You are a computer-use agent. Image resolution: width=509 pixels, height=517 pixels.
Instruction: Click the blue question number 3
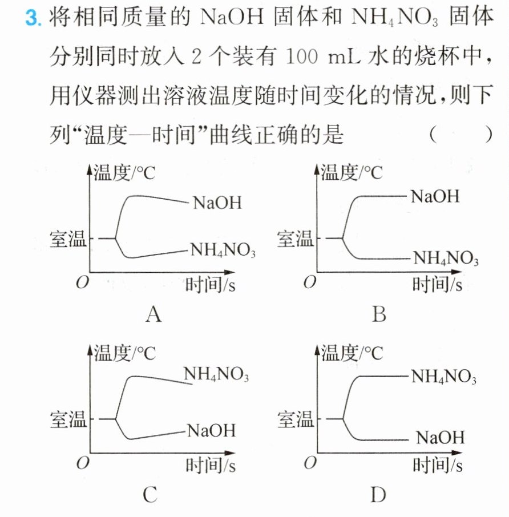coord(33,17)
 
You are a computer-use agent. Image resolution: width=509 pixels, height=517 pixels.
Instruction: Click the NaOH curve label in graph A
coord(217,203)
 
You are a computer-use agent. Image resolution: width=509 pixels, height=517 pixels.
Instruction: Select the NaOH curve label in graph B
coord(435,196)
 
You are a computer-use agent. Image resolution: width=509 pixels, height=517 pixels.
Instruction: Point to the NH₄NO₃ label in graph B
coord(446,258)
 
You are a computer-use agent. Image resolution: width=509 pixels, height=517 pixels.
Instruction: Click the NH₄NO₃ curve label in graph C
coord(216,374)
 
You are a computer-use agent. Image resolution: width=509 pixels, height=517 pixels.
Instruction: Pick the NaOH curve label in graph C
coord(212,431)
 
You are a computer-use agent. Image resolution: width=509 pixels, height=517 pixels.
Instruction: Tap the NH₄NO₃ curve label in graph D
coord(444,376)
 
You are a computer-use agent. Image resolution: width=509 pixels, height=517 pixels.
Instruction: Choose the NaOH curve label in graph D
coord(440,438)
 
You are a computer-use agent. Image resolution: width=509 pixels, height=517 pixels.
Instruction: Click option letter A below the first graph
coord(153,314)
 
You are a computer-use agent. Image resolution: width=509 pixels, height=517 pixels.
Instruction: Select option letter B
coord(379,314)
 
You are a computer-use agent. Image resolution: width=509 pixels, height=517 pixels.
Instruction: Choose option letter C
coord(150,495)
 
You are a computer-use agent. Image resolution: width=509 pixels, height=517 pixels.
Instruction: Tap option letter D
coord(378,495)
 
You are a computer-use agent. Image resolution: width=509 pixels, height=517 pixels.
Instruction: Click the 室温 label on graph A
coord(68,239)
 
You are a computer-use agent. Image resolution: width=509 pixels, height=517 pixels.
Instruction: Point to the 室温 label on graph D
coord(296,419)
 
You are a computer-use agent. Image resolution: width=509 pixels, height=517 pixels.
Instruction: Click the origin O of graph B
coord(310,282)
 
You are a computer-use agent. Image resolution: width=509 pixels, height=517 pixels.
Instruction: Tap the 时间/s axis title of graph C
coord(211,465)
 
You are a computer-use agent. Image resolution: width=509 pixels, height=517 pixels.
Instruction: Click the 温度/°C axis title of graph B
coord(352,172)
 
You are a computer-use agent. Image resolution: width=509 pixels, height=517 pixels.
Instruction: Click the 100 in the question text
coord(302,56)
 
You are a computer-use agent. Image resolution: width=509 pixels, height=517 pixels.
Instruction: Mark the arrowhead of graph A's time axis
coord(229,272)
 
